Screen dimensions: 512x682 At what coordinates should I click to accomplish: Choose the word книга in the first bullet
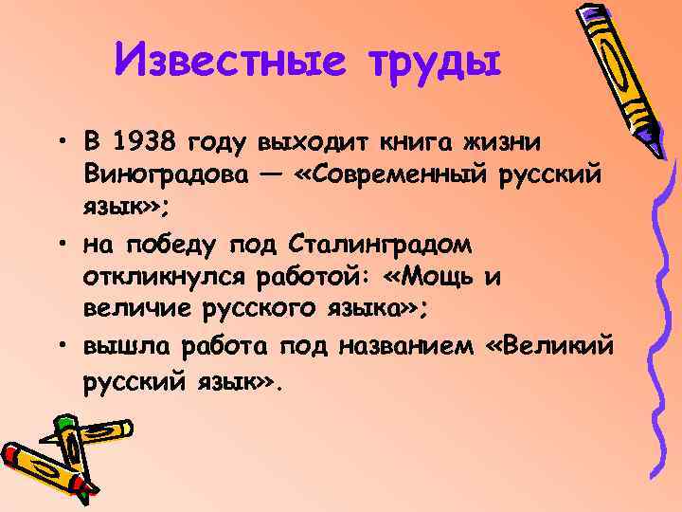point(421,143)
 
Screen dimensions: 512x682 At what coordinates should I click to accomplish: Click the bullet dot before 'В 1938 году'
point(60,144)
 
